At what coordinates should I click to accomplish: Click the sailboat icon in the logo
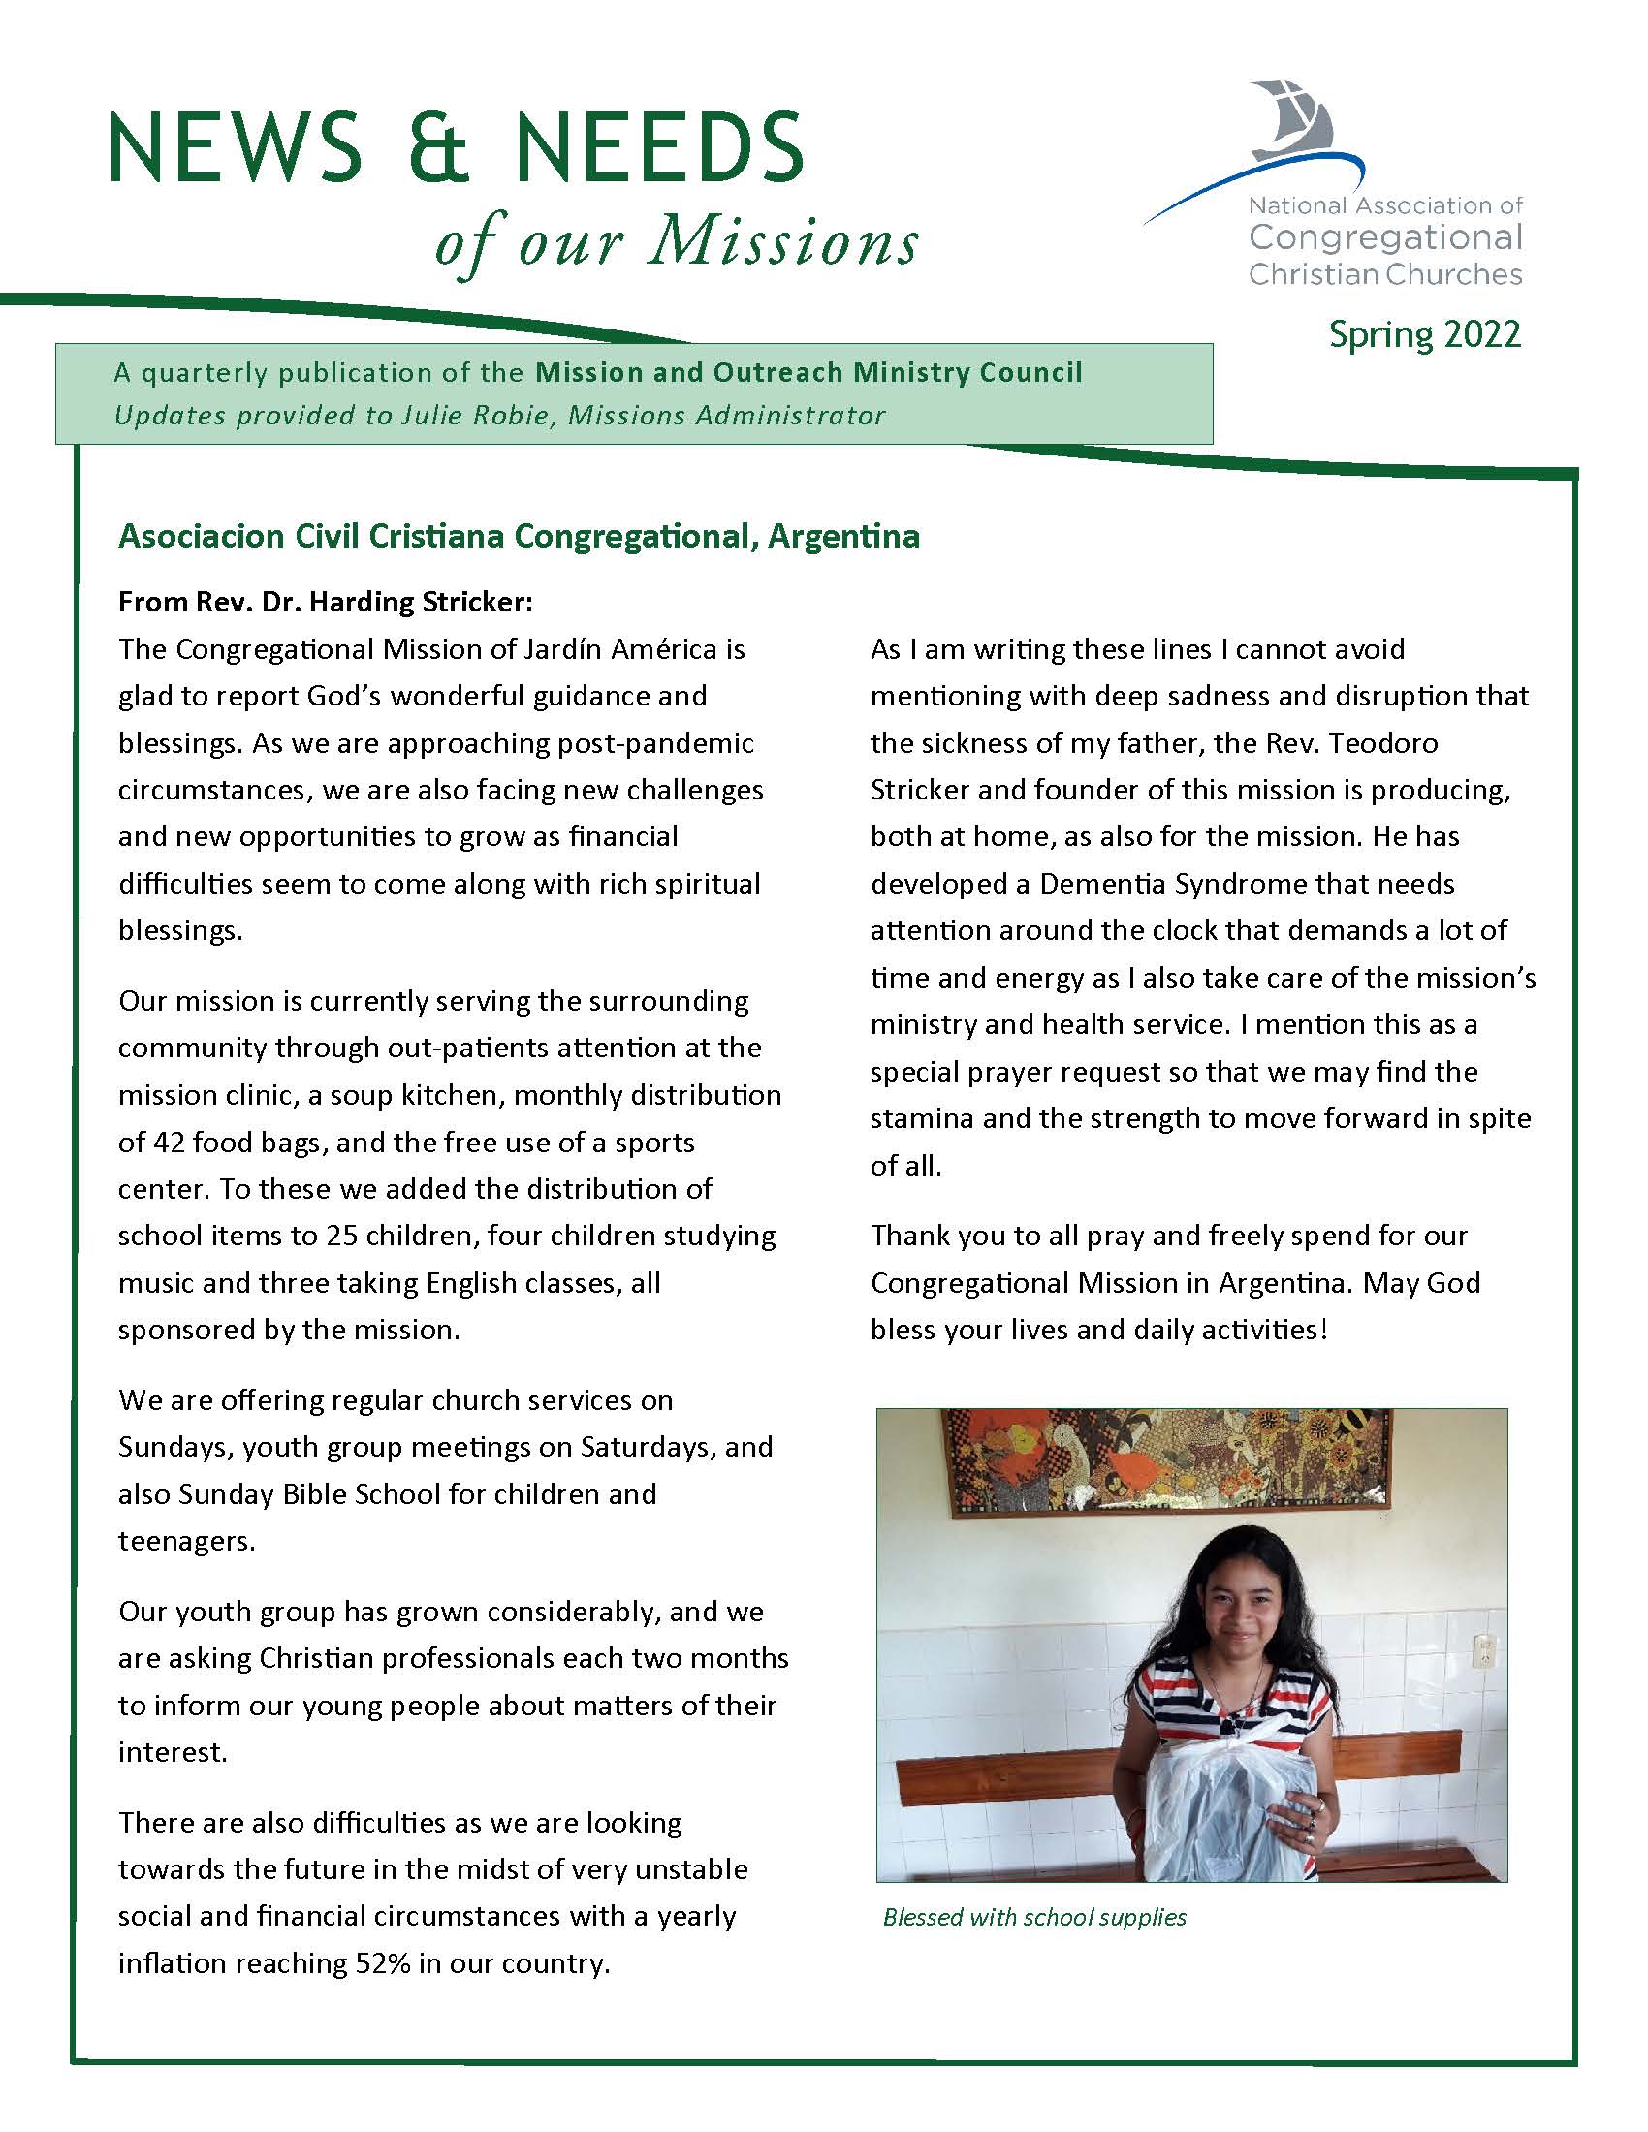click(x=1291, y=122)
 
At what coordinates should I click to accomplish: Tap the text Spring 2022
click(x=1424, y=335)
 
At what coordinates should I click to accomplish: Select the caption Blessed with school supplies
click(x=1034, y=1917)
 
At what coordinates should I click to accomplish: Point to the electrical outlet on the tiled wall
click(x=1483, y=1650)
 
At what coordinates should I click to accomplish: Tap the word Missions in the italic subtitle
click(x=783, y=241)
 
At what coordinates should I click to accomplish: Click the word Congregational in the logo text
click(x=1385, y=238)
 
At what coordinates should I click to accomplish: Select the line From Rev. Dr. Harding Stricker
click(x=325, y=602)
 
